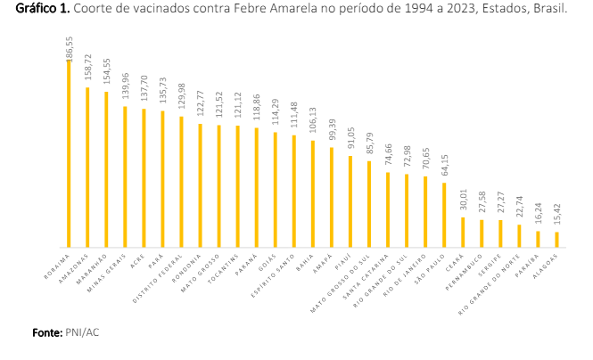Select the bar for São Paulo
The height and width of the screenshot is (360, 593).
(444, 215)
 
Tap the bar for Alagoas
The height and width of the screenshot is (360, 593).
(557, 239)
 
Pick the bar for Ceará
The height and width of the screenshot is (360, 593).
(463, 232)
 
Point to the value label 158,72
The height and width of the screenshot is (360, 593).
(86, 71)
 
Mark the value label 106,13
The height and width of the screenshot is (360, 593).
(313, 124)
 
